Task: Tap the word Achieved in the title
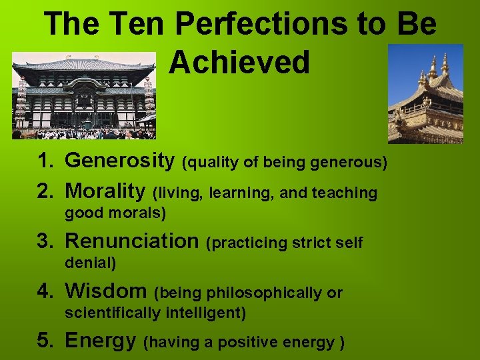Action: pyautogui.click(x=239, y=62)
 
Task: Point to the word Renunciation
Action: pyautogui.click(x=132, y=241)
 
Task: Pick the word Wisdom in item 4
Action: pyautogui.click(x=105, y=291)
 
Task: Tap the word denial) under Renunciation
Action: pyautogui.click(x=90, y=263)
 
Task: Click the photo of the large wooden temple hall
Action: pyautogui.click(x=83, y=95)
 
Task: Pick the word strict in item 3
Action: pyautogui.click(x=314, y=243)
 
